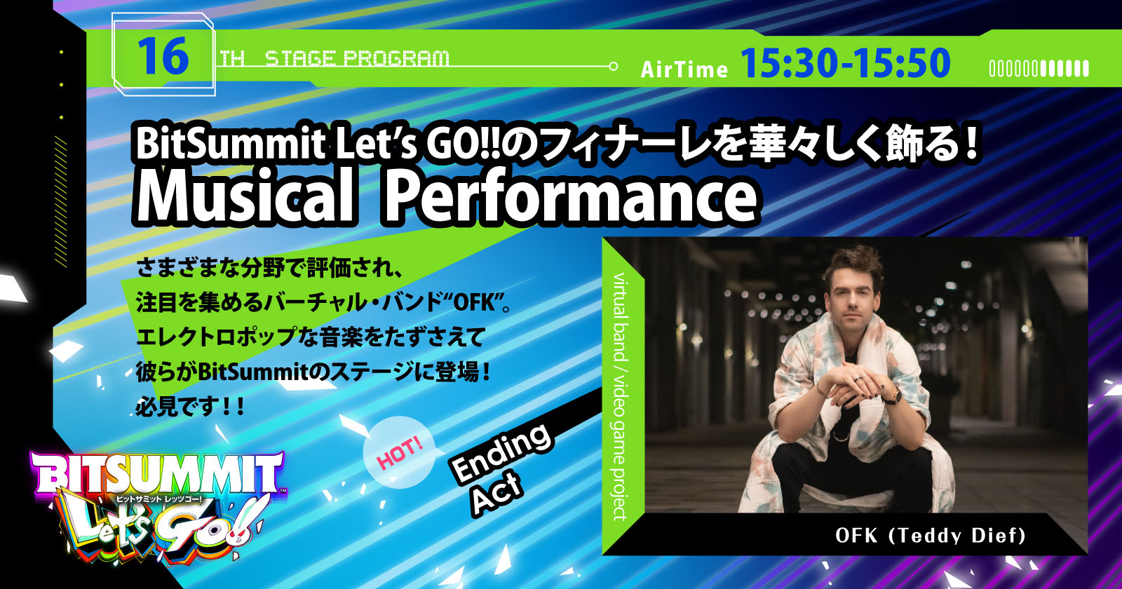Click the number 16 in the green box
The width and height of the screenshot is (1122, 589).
[x=163, y=57]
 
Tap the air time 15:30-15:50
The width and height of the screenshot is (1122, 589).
[x=846, y=63]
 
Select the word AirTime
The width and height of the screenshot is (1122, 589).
[x=684, y=69]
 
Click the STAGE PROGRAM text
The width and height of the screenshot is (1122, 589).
[x=357, y=59]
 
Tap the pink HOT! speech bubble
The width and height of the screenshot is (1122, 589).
[x=399, y=453]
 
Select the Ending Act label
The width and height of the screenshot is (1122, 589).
[x=501, y=468]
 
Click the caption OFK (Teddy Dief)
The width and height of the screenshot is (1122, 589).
[x=930, y=536]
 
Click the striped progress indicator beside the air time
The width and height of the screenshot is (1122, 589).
[x=1039, y=69]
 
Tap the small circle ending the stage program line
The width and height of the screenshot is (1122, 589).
[x=613, y=66]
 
